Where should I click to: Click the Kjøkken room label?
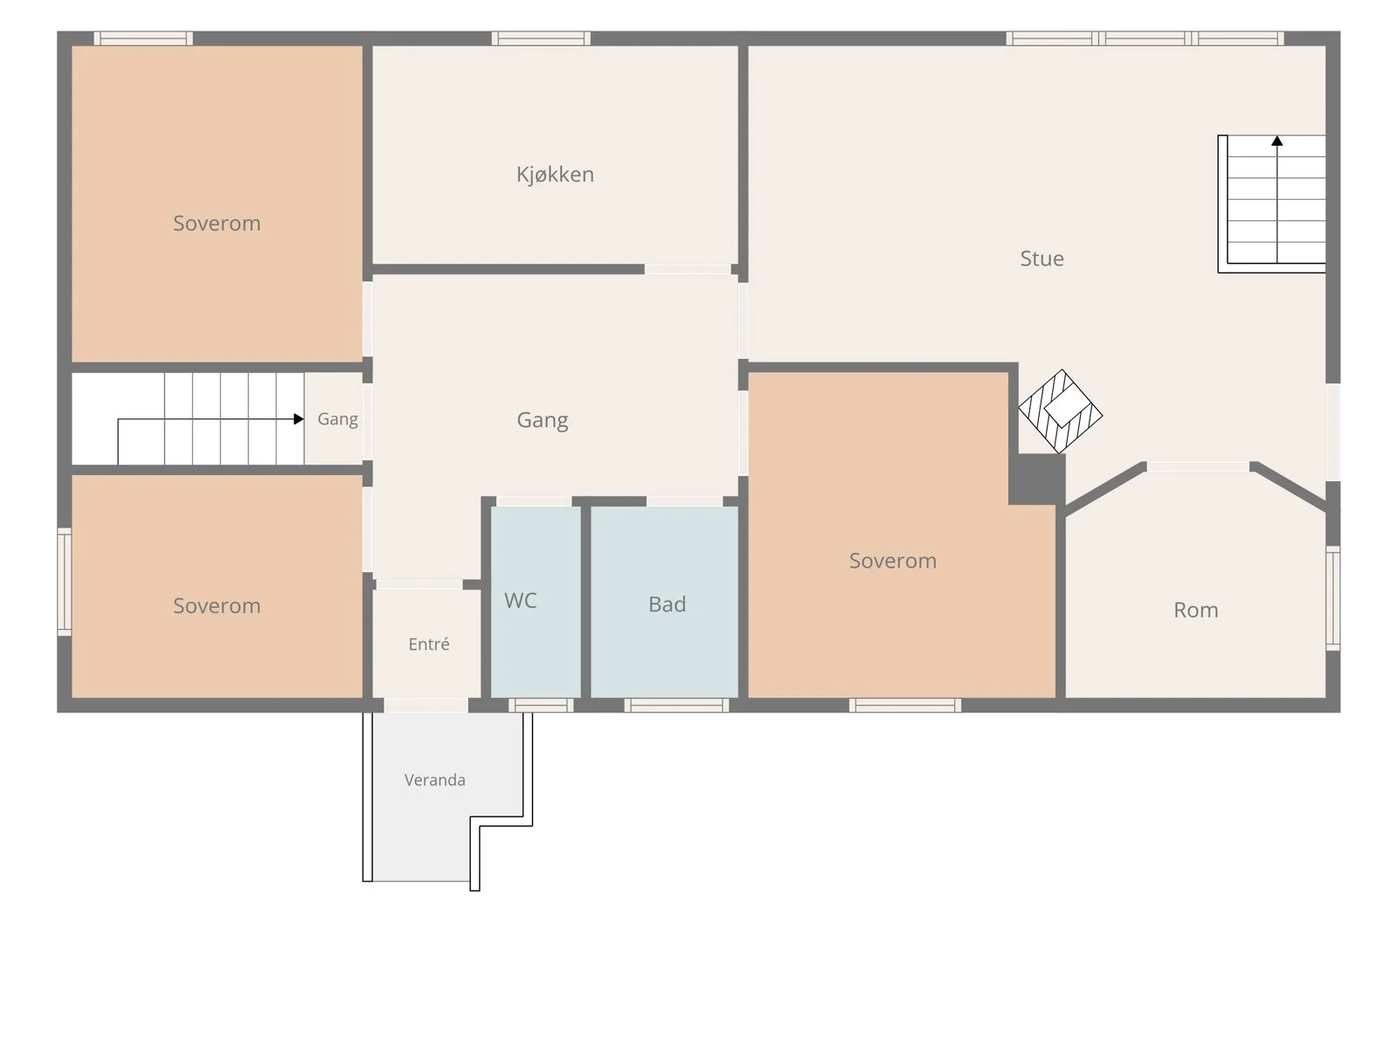[555, 175]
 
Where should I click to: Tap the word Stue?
[1042, 259]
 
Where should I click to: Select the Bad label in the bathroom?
[667, 603]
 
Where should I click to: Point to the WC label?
[521, 600]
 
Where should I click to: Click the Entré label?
[429, 644]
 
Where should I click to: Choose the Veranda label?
[434, 780]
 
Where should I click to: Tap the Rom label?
[1195, 610]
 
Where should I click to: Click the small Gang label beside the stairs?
[337, 419]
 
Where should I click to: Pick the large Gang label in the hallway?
[542, 421]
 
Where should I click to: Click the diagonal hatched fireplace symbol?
[1061, 411]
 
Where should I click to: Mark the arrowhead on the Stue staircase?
[1277, 141]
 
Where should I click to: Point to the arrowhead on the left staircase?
[298, 418]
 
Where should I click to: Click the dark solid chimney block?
[1037, 479]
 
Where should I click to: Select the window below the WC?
[541, 705]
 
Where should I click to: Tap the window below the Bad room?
[676, 705]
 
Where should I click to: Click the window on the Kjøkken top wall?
[541, 38]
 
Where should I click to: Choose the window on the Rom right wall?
[1333, 598]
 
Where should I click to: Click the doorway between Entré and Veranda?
[426, 705]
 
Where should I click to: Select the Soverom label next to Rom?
[892, 561]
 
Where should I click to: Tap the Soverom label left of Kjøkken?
[217, 224]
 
